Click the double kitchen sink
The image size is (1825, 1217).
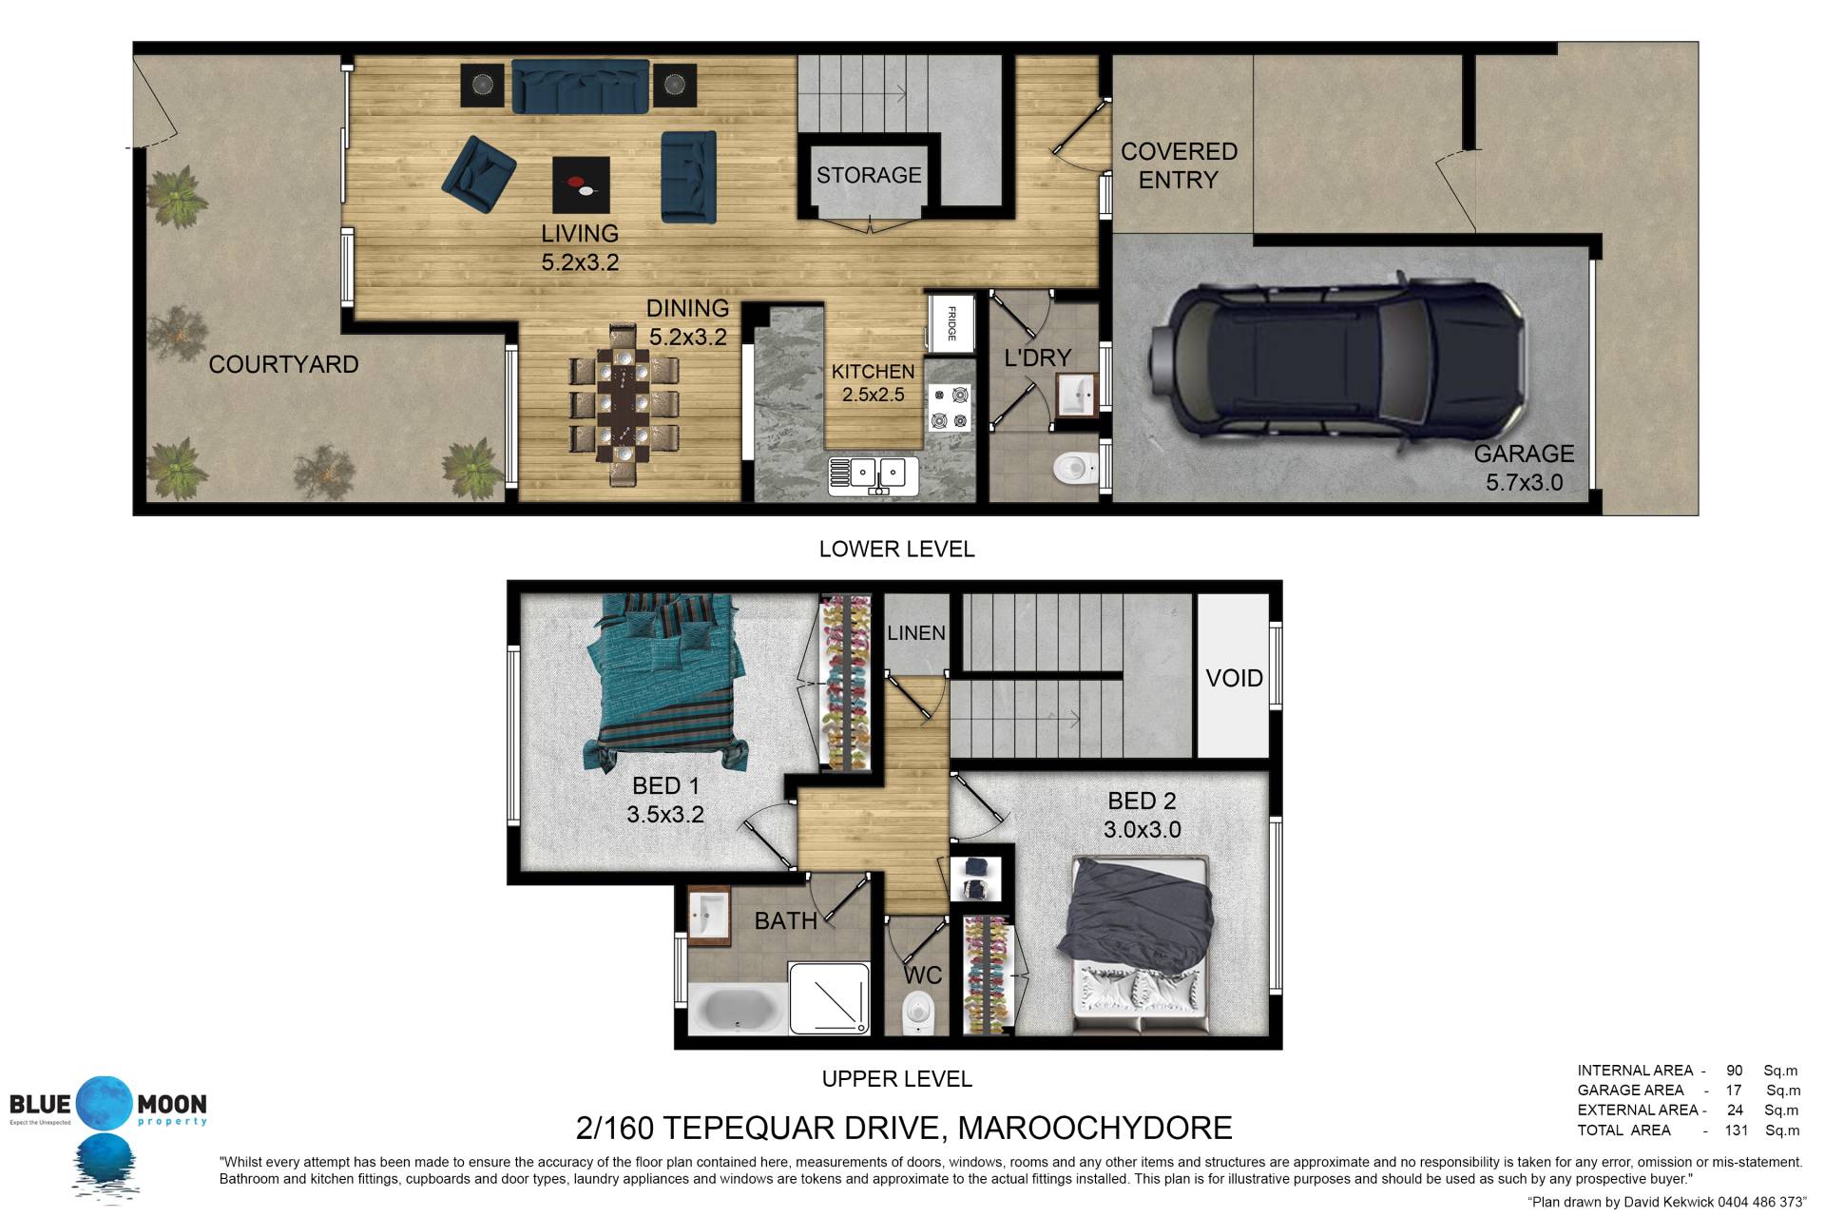tap(874, 475)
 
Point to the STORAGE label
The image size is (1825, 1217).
tap(869, 175)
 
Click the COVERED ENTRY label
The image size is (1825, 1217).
tap(1179, 165)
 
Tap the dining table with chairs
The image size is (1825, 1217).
tap(624, 405)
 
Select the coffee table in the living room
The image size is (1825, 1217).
tap(581, 184)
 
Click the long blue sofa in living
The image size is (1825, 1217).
tap(580, 87)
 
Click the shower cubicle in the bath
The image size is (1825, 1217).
tap(829, 997)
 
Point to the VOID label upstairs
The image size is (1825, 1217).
tap(1234, 678)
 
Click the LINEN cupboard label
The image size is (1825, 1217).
tap(916, 633)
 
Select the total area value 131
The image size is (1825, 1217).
tap(1736, 1130)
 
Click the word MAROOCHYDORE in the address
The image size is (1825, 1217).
tap(1095, 1128)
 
